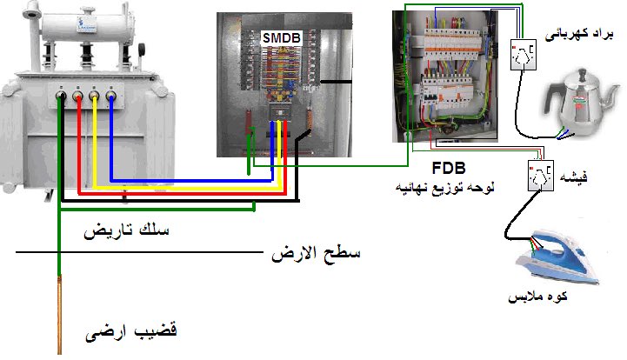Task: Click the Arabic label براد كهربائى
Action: tap(578, 34)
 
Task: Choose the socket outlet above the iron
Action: tap(540, 177)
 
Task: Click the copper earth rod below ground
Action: tap(60, 313)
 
